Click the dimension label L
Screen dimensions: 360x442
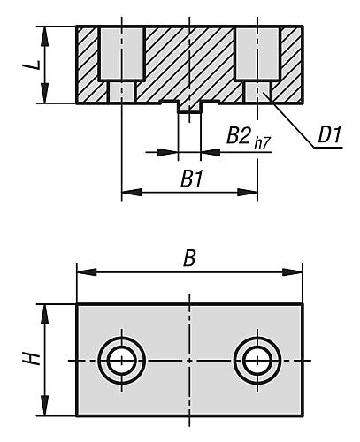tap(32, 65)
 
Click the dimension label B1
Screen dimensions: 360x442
tap(192, 179)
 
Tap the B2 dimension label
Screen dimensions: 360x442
tap(239, 135)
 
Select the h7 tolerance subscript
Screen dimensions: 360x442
tap(262, 143)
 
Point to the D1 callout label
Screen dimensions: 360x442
tap(330, 134)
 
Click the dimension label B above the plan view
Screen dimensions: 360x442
tap(189, 258)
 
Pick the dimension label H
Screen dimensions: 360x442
tap(32, 359)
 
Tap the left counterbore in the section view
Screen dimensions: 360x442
tap(121, 54)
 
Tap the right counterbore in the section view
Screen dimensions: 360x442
tap(257, 54)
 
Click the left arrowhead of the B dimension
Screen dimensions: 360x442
tap(87, 272)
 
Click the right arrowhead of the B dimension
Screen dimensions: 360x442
tap(292, 272)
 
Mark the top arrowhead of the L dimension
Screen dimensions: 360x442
tap(45, 36)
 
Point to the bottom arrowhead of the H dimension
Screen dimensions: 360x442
tap(45, 406)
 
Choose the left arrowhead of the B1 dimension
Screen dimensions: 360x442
tap(132, 193)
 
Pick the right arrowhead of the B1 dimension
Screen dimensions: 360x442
tap(248, 193)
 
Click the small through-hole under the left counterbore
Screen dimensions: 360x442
tap(121, 92)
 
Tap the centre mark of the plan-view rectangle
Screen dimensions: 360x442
tap(189, 361)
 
